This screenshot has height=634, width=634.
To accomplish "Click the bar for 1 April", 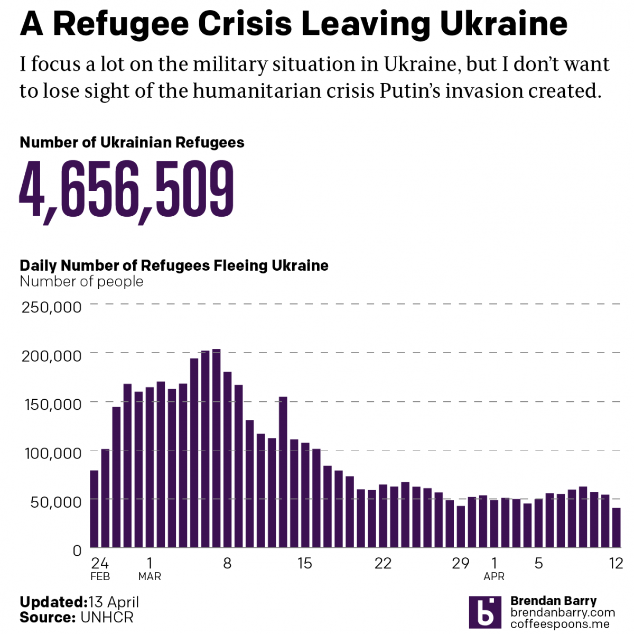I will coord(494,524).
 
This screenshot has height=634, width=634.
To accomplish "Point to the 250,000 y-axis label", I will coord(52,307).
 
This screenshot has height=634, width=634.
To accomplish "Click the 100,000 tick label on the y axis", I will coord(53,453).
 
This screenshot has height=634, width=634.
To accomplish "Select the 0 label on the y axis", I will coord(77,550).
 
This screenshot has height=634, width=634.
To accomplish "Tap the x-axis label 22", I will coord(383,563).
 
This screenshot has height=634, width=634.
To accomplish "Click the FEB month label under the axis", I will coord(100,576).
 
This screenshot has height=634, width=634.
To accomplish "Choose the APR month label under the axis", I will coord(494,576).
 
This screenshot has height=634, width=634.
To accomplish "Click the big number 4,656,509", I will coord(127,190).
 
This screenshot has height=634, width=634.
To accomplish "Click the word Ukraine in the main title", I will coord(504,24).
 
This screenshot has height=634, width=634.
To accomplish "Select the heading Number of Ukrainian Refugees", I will coord(132,142).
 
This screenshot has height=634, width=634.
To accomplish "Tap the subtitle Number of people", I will coord(81,281).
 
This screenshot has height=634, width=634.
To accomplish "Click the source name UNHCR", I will coord(107,617).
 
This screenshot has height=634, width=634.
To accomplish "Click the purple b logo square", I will coord(485,612).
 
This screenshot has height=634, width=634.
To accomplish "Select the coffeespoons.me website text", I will coord(560,624).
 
